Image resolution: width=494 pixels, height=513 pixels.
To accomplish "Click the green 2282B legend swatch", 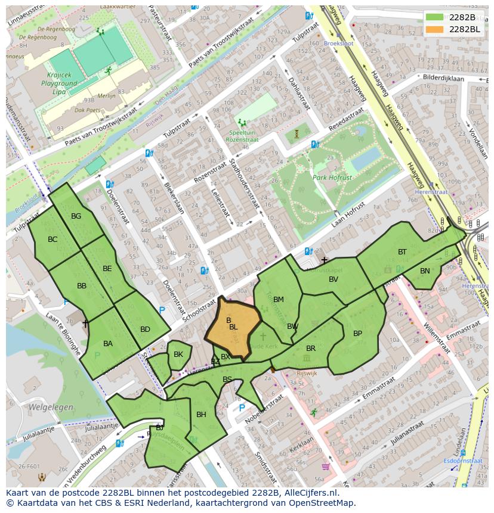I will [x=434, y=17].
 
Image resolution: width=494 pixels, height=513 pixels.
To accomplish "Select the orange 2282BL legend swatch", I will [x=434, y=29].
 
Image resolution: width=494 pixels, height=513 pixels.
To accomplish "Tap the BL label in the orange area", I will [x=233, y=327].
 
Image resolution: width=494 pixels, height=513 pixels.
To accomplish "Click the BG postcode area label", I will [x=76, y=216].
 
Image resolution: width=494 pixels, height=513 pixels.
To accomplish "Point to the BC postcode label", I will [x=53, y=240].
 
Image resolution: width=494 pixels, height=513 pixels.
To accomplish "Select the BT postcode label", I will [x=402, y=252].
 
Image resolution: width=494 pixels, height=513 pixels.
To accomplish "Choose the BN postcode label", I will [x=425, y=271].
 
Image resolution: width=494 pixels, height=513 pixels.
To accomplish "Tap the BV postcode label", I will [x=334, y=279].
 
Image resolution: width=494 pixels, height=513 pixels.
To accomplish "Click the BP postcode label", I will [x=357, y=333].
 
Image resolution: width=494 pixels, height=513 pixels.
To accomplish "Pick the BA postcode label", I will [x=108, y=344].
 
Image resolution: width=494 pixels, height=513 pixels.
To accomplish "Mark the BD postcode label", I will [x=145, y=329].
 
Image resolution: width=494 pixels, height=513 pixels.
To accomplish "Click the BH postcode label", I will [x=201, y=415].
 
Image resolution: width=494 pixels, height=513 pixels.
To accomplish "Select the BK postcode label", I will [x=178, y=355].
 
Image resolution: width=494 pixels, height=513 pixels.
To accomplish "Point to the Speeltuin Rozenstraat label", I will [x=242, y=136].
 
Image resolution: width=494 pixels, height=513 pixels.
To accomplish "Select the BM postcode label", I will [x=279, y=300].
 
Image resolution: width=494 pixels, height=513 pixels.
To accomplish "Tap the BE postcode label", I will [x=107, y=269].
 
